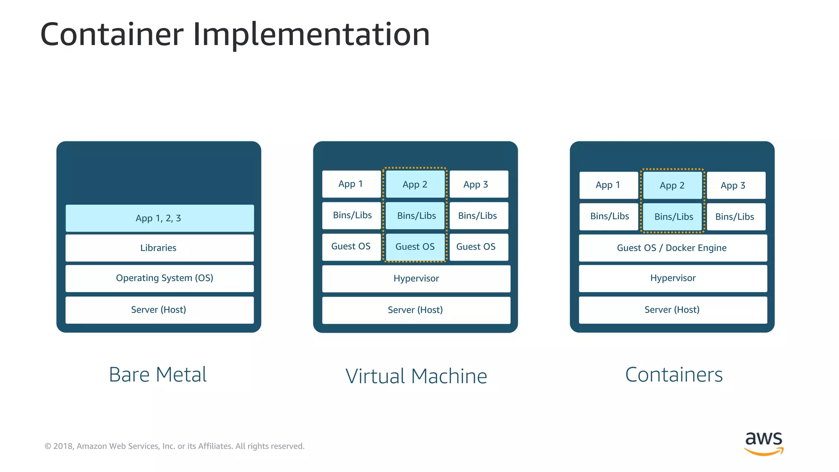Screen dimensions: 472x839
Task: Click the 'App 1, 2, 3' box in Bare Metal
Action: pyautogui.click(x=159, y=218)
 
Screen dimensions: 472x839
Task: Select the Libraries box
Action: pyautogui.click(x=159, y=247)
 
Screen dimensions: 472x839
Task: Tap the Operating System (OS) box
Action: pyautogui.click(x=159, y=278)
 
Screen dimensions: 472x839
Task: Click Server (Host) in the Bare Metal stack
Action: pyautogui.click(x=159, y=310)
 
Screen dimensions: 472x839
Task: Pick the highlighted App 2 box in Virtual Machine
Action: pyautogui.click(x=415, y=184)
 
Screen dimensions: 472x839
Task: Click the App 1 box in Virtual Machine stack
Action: pyautogui.click(x=351, y=184)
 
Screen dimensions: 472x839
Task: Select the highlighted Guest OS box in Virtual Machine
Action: pyautogui.click(x=415, y=247)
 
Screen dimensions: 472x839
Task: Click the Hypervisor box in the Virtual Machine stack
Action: pyautogui.click(x=416, y=279)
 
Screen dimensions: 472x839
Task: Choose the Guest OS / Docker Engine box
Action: pyautogui.click(x=672, y=248)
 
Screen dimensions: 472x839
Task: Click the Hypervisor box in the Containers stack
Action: pyautogui.click(x=672, y=278)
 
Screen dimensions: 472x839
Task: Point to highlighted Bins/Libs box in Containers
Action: pyautogui.click(x=673, y=216)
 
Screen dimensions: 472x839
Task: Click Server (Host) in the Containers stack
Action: pyautogui.click(x=672, y=310)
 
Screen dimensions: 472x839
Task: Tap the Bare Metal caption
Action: pyautogui.click(x=158, y=374)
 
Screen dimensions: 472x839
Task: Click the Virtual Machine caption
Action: pyautogui.click(x=416, y=376)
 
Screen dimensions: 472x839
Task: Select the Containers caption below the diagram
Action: pyautogui.click(x=674, y=374)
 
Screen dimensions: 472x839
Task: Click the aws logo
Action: pyautogui.click(x=764, y=442)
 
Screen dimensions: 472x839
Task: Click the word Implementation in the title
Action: pyautogui.click(x=311, y=34)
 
